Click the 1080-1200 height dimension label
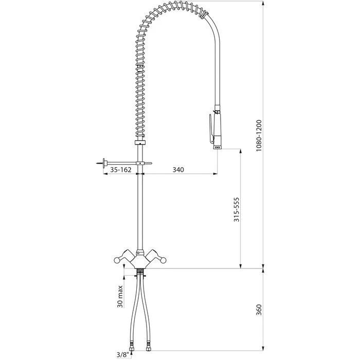(x=259, y=135)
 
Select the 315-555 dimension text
(x=236, y=209)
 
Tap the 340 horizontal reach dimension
(x=178, y=170)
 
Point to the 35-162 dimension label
(x=121, y=170)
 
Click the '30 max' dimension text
(x=120, y=296)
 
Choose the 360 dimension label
(x=259, y=310)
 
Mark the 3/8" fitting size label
(x=123, y=355)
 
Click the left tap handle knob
(x=117, y=260)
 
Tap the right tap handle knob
(x=163, y=260)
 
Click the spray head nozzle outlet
(x=218, y=147)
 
